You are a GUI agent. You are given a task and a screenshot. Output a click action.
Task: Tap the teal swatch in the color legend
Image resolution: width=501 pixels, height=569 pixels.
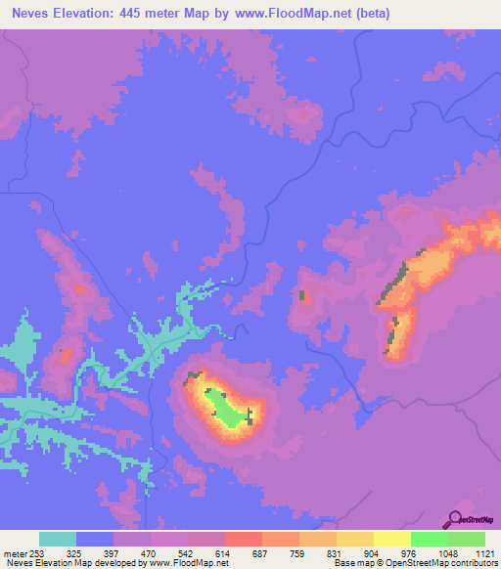pyautogui.click(x=58, y=539)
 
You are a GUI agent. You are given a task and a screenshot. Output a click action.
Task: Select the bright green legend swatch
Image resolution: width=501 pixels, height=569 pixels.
pyautogui.click(x=429, y=539)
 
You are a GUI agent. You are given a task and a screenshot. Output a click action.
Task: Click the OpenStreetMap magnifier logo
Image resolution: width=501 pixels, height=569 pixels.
pyautogui.click(x=453, y=519)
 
